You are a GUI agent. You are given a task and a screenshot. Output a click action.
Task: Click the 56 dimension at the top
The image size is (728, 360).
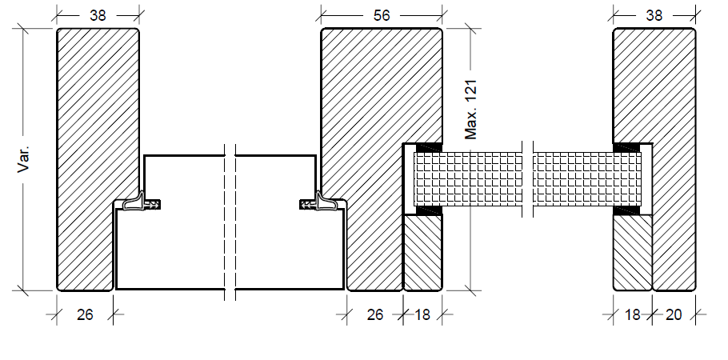pos(382,15)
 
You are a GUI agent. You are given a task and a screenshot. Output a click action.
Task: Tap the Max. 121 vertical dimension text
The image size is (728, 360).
pos(471,110)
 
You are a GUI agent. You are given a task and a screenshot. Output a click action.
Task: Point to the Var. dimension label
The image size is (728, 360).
pos(23,158)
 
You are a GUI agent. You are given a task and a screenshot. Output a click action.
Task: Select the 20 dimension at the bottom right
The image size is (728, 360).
pos(673,315)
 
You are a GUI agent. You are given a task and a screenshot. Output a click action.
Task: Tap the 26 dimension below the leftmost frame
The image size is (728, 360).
pos(85,315)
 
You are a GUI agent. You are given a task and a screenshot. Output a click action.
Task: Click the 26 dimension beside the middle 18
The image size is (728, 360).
pos(374,315)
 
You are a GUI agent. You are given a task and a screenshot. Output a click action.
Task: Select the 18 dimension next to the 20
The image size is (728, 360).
pos(632,315)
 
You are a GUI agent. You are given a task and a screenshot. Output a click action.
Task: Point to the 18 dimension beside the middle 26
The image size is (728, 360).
pos(422,315)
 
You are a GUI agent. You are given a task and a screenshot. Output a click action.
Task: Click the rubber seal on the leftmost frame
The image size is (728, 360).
pos(141,203)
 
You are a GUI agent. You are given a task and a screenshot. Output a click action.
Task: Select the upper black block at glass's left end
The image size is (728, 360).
pos(429,147)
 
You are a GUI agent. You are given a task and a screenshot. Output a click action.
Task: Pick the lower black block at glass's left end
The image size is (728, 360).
pos(429,211)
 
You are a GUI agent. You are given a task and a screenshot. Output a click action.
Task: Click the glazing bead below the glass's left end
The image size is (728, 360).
pos(422,253)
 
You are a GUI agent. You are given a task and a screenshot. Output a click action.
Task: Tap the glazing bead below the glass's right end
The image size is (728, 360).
pos(633,253)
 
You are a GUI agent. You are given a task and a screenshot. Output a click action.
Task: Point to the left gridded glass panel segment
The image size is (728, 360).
pos(468,179)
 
